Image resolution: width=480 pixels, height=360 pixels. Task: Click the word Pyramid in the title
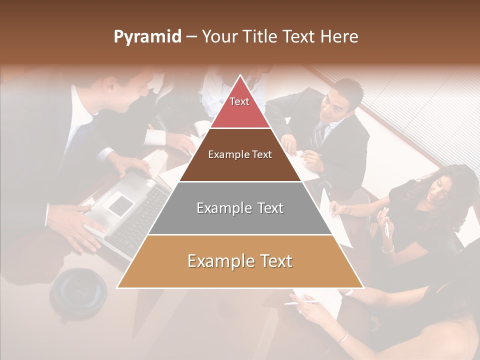point(147,37)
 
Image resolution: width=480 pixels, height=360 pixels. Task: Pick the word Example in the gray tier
point(217,208)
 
